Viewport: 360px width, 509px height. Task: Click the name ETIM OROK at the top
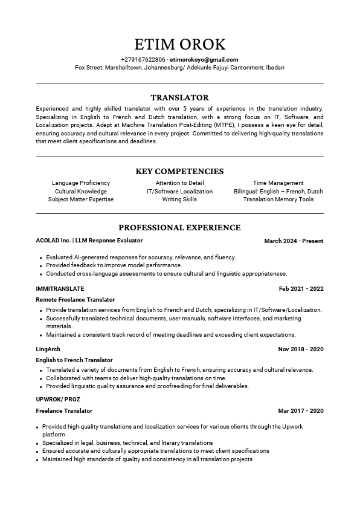point(179,44)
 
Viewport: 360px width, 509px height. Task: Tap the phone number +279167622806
point(143,60)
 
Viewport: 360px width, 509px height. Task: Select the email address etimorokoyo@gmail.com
point(204,60)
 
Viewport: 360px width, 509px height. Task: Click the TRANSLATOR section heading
point(179,97)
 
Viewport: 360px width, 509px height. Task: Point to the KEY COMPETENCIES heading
point(179,172)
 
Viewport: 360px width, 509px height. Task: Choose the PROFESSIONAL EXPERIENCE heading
point(179,228)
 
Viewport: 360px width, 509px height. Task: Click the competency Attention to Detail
point(179,183)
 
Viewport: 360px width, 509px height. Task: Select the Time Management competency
point(278,183)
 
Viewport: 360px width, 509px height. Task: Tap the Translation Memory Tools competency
point(278,199)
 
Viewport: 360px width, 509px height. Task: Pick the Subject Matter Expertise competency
point(81,199)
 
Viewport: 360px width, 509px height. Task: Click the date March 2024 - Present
point(294,241)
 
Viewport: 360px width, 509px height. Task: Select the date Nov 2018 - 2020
point(301,349)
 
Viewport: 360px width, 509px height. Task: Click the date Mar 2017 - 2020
point(301,411)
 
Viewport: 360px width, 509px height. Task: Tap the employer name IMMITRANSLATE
point(60,289)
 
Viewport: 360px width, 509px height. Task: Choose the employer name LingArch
point(48,349)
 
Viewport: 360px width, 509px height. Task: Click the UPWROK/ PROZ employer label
point(58,400)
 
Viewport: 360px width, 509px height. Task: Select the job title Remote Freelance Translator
point(76,300)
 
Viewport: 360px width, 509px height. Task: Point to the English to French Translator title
point(74,360)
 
